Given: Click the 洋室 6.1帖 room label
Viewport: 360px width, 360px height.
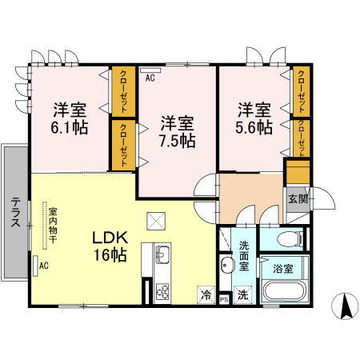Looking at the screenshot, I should [x=71, y=118].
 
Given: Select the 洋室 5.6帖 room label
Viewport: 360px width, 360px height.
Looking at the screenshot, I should [x=254, y=118].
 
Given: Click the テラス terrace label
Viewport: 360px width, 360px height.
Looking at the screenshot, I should [x=14, y=214].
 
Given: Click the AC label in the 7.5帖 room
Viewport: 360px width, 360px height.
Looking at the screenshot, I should [x=150, y=78].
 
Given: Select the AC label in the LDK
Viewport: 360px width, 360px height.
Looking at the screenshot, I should [x=45, y=266].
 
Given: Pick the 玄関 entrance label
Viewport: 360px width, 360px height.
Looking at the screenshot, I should [x=298, y=200].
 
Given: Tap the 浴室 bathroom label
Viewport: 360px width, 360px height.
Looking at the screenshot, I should [x=282, y=270].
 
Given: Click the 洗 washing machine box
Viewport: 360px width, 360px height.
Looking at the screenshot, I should [x=243, y=294].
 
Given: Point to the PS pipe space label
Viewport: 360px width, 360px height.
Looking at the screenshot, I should [x=224, y=298].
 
